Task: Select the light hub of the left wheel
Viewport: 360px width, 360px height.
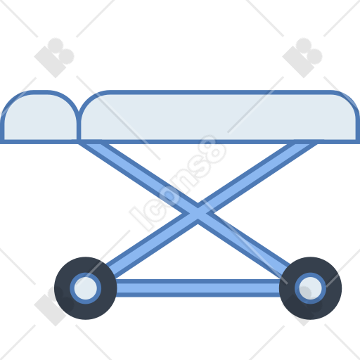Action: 86,288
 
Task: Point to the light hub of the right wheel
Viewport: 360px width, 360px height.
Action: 310,288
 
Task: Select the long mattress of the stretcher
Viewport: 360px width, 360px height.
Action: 219,117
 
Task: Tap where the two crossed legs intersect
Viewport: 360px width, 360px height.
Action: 198,213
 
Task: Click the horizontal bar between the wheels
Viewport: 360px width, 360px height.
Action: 198,288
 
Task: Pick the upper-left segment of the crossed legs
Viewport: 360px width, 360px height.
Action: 137,177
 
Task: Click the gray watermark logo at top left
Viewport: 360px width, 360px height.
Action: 54,58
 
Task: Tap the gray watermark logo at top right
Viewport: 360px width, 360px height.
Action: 302,58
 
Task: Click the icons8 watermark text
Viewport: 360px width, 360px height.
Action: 178,183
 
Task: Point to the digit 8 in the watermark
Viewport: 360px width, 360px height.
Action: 212,150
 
